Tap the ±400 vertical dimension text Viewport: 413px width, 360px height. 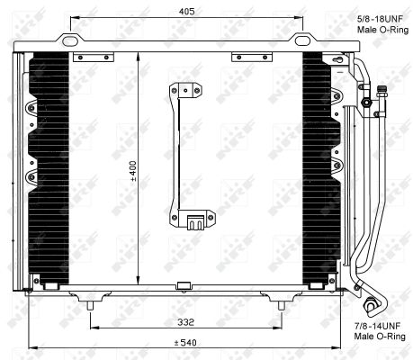(x=133, y=170)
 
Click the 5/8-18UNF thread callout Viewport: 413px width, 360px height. (x=379, y=17)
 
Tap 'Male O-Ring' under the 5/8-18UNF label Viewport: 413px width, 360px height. (x=379, y=30)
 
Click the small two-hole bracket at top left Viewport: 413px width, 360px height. (x=91, y=58)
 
